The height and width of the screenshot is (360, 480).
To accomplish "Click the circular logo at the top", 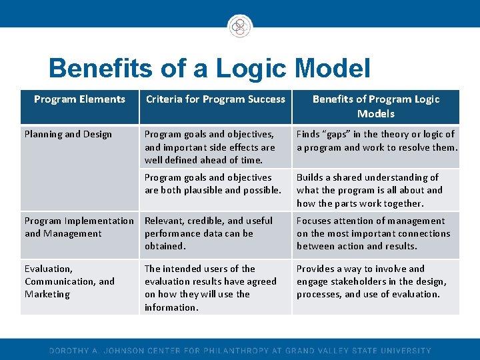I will [239, 26].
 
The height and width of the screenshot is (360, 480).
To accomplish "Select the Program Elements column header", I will [79, 99].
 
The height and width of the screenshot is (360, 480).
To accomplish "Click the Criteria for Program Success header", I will [215, 99].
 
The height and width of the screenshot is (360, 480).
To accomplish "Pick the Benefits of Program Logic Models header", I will [376, 106].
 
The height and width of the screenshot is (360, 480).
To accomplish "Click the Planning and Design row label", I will [68, 134].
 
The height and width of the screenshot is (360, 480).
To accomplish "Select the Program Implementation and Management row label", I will [79, 227].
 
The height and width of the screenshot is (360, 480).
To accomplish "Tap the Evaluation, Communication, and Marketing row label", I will [69, 281].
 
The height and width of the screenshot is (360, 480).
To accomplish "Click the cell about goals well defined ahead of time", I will [210, 147].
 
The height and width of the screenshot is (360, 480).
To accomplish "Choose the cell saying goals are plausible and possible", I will [213, 184].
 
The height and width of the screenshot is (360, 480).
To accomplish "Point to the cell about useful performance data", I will [209, 233].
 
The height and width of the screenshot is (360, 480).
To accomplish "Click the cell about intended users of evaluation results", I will [210, 288].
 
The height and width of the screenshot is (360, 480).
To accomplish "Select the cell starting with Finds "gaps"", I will [377, 141].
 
